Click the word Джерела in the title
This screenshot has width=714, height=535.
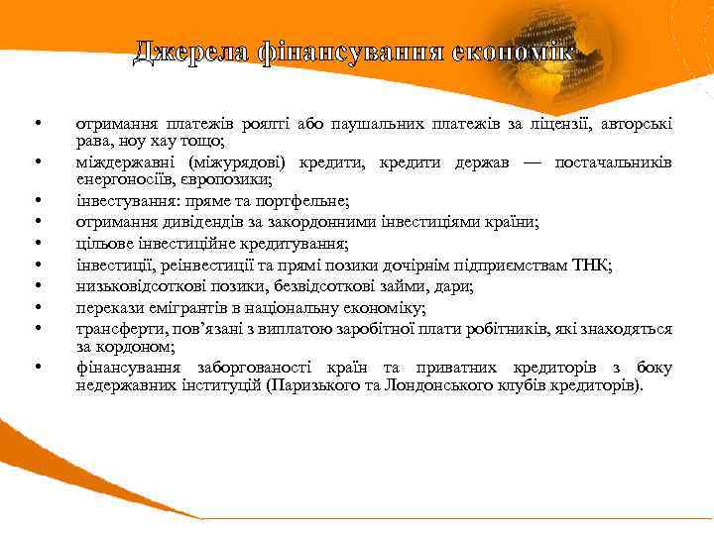tap(190, 51)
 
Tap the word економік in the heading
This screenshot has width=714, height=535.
tap(515, 51)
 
